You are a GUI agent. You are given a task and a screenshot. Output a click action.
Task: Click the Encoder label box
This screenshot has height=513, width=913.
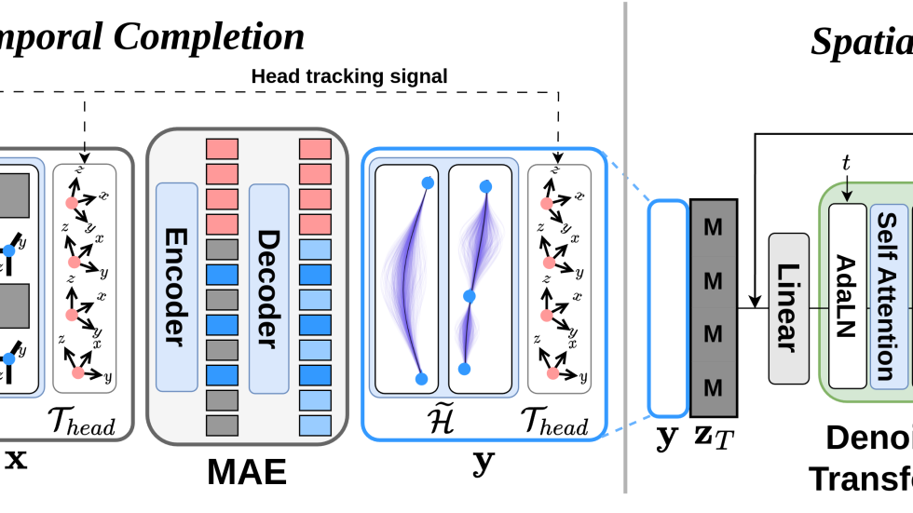(176, 287)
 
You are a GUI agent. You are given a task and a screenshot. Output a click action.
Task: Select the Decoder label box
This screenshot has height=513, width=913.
(268, 287)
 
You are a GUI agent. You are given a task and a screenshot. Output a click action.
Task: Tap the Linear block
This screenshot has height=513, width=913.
(788, 308)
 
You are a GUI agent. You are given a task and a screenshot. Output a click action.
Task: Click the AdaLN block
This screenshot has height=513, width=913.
(847, 296)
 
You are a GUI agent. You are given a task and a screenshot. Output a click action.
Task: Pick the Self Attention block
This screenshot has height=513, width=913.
(888, 296)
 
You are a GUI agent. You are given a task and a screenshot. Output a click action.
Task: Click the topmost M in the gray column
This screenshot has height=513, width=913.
(713, 227)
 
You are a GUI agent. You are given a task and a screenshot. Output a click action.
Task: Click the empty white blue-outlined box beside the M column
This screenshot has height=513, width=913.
(667, 307)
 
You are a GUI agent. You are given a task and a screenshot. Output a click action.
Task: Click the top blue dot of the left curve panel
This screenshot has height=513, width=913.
(428, 182)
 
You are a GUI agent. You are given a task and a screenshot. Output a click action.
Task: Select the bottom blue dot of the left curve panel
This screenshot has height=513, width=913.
(421, 379)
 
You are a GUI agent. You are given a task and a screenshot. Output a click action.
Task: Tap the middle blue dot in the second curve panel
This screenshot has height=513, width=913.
(470, 296)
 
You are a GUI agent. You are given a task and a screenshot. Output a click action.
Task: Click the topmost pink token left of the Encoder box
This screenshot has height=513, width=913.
(222, 149)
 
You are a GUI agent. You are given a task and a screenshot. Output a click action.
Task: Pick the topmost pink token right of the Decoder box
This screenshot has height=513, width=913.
(315, 149)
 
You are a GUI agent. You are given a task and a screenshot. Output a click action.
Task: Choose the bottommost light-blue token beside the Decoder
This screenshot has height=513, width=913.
(315, 425)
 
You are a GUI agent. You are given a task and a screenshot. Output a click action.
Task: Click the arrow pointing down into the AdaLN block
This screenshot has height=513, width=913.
(846, 194)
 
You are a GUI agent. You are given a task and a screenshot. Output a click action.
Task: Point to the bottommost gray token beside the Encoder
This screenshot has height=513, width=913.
(222, 425)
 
